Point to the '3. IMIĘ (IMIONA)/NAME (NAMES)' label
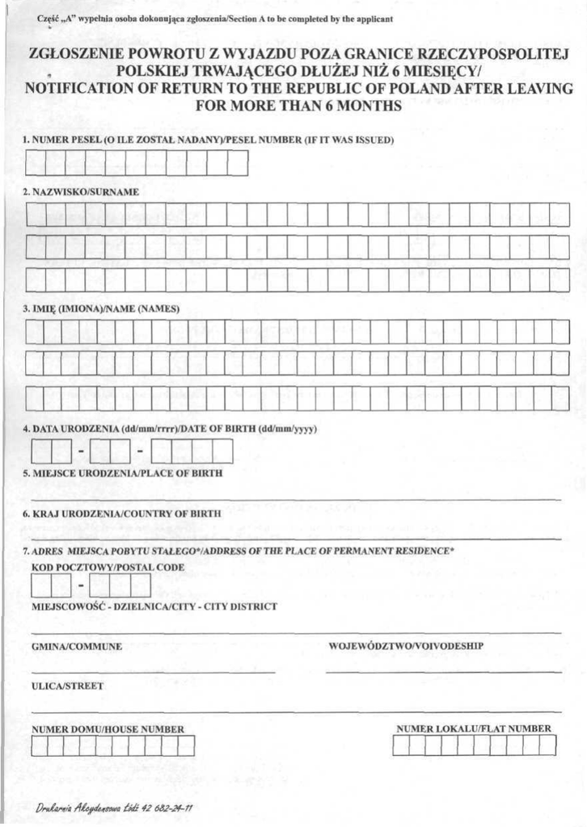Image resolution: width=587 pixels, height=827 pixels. (101, 309)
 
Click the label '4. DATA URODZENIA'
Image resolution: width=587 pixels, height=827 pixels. (71, 429)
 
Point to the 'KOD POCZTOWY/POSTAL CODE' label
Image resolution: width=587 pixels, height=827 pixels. (108, 567)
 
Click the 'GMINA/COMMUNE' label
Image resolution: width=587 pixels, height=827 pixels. (77, 646)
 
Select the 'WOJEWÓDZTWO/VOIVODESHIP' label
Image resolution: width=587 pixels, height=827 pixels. (406, 646)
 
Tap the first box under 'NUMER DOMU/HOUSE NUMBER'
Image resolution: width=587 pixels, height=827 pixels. (39, 745)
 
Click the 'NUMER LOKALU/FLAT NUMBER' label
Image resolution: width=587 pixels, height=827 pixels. (474, 728)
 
